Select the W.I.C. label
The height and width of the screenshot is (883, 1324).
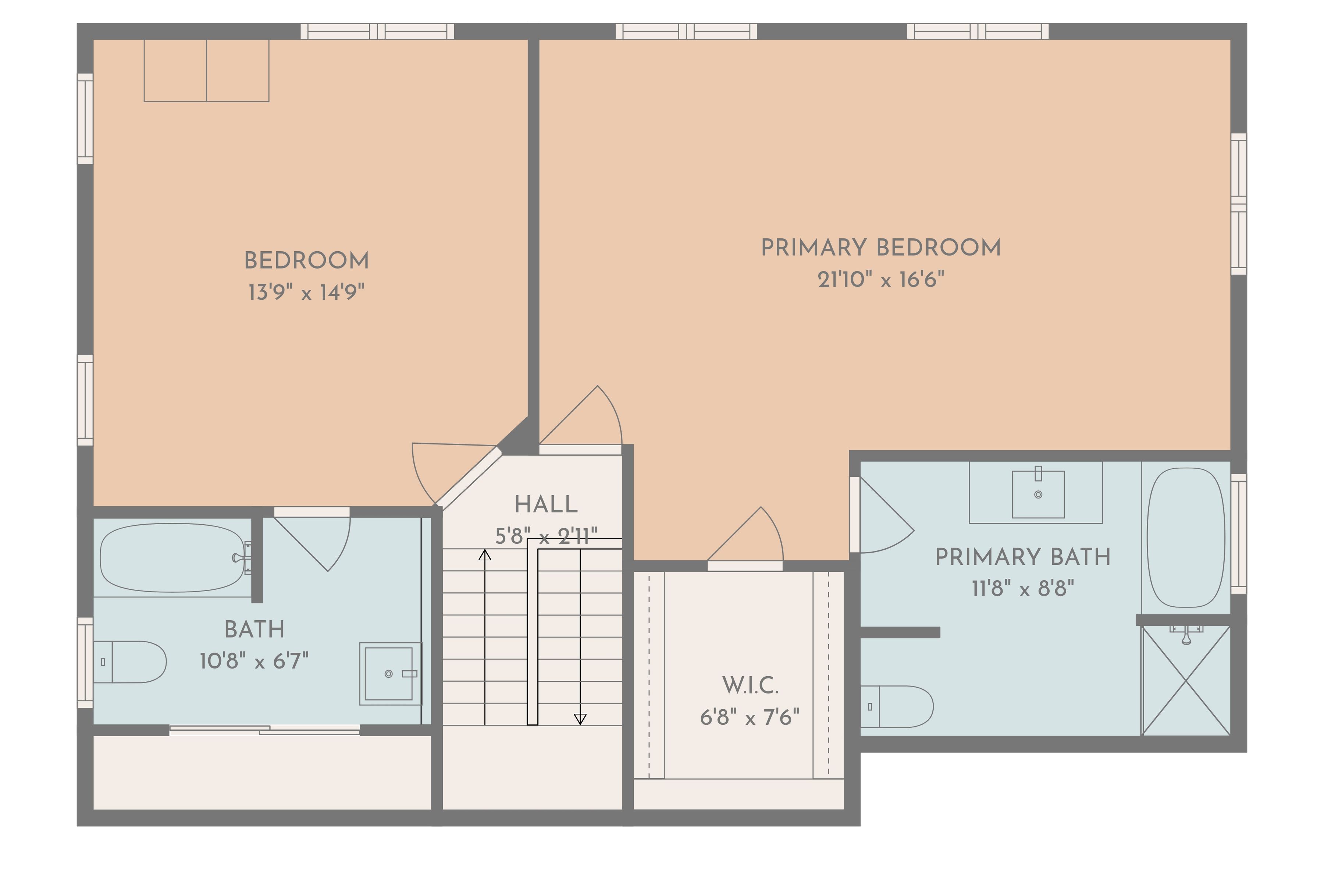750,685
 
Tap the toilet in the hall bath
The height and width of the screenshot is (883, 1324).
129,662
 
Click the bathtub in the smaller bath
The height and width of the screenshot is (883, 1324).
172,557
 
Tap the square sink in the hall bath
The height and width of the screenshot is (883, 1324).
389,674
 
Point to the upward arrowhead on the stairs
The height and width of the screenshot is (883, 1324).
485,555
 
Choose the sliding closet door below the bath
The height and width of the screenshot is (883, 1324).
264,730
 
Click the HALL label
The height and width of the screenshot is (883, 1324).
546,504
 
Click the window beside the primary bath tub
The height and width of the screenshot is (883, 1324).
1238,533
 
